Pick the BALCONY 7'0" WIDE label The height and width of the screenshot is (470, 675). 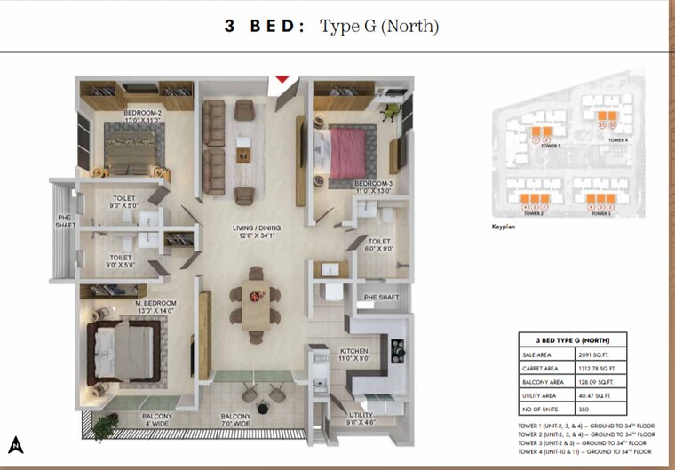235,420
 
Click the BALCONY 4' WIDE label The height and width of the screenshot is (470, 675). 155,420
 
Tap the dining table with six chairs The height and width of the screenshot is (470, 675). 255,305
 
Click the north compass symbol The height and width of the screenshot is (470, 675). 17,442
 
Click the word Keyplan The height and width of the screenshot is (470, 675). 504,227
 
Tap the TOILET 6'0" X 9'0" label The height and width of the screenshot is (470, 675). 380,245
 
